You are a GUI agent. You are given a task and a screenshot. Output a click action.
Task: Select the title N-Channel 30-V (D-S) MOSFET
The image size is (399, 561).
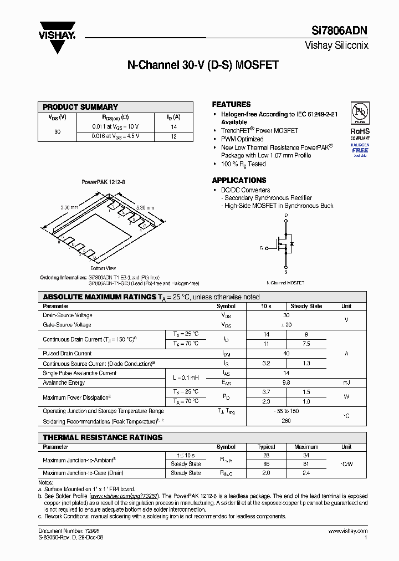pos(203,65)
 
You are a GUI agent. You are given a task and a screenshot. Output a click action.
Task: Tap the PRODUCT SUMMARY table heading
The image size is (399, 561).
pos(80,107)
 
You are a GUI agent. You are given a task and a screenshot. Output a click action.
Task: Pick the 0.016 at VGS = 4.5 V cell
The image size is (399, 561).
pos(116,136)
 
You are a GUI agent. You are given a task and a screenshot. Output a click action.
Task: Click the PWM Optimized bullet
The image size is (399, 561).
pos(242,139)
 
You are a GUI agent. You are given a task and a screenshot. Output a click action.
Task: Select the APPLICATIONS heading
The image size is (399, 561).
pos(239,180)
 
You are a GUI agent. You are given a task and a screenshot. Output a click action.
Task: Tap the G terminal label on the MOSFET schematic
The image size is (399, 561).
pos(261,248)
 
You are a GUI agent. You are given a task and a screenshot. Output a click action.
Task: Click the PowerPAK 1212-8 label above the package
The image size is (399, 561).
pos(103,182)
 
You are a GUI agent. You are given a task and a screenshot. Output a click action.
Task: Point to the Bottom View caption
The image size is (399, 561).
pos(103,268)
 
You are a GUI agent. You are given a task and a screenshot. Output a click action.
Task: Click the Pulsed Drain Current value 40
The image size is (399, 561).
pos(286,353)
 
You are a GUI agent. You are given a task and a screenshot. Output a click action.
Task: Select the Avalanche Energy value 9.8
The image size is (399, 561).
pos(286,382)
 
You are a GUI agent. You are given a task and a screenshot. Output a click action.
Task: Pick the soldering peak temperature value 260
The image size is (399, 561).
pos(286,421)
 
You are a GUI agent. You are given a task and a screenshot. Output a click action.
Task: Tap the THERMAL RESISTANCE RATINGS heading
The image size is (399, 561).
pos(103,437)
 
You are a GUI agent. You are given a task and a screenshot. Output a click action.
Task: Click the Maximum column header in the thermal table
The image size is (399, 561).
pos(306,447)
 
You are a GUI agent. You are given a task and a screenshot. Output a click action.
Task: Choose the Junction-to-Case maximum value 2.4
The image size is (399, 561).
pos(306,473)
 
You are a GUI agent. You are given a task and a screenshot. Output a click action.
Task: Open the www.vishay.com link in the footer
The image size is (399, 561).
pos(347,531)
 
